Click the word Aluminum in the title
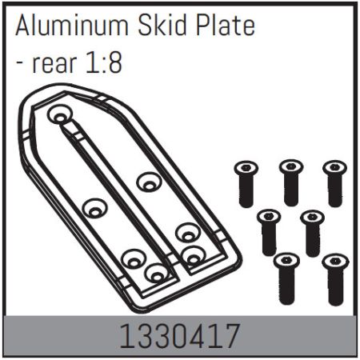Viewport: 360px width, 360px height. pyautogui.click(x=70, y=26)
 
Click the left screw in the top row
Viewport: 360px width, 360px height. pyautogui.click(x=246, y=182)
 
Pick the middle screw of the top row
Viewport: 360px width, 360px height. pyautogui.click(x=290, y=182)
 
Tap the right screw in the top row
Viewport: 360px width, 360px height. pyautogui.click(x=334, y=182)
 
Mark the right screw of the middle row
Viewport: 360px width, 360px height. pyautogui.click(x=313, y=232)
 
